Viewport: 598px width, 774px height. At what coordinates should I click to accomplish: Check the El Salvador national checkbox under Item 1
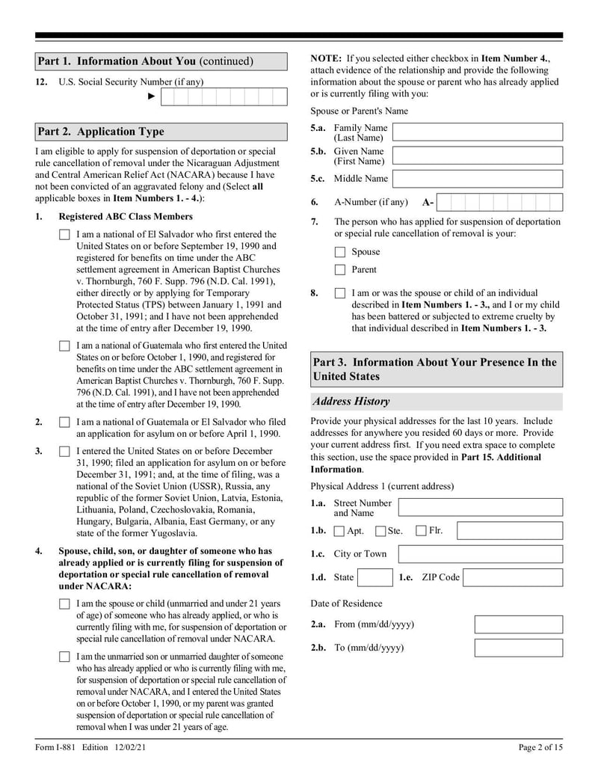pyautogui.click(x=64, y=235)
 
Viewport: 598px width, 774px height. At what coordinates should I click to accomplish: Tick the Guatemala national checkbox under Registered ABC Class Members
pyautogui.click(x=64, y=346)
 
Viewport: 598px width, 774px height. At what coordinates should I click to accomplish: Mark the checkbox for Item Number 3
pyautogui.click(x=64, y=452)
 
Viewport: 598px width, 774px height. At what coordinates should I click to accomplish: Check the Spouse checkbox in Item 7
pyautogui.click(x=340, y=252)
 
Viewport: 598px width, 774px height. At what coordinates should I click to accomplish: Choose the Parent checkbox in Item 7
pyautogui.click(x=340, y=270)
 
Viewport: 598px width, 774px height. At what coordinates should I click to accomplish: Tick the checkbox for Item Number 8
pyautogui.click(x=340, y=294)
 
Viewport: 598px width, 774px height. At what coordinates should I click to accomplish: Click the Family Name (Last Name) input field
pyautogui.click(x=478, y=133)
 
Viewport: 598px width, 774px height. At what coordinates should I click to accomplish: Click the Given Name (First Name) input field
pyautogui.click(x=478, y=156)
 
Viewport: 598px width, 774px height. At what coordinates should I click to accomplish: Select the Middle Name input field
pyautogui.click(x=478, y=179)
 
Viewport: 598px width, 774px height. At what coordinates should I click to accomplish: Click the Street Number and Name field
pyautogui.click(x=480, y=508)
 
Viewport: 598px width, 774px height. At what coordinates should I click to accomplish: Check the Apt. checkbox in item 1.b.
pyautogui.click(x=339, y=532)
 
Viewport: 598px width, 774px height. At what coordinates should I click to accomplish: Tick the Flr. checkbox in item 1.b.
pyautogui.click(x=421, y=532)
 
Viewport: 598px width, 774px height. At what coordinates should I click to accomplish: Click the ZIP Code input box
pyautogui.click(x=513, y=577)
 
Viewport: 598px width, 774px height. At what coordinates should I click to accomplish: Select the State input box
pyautogui.click(x=374, y=577)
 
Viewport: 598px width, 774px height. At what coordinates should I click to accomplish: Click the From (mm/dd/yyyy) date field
pyautogui.click(x=518, y=624)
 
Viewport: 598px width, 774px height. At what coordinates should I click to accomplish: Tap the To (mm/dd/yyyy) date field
pyautogui.click(x=518, y=648)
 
